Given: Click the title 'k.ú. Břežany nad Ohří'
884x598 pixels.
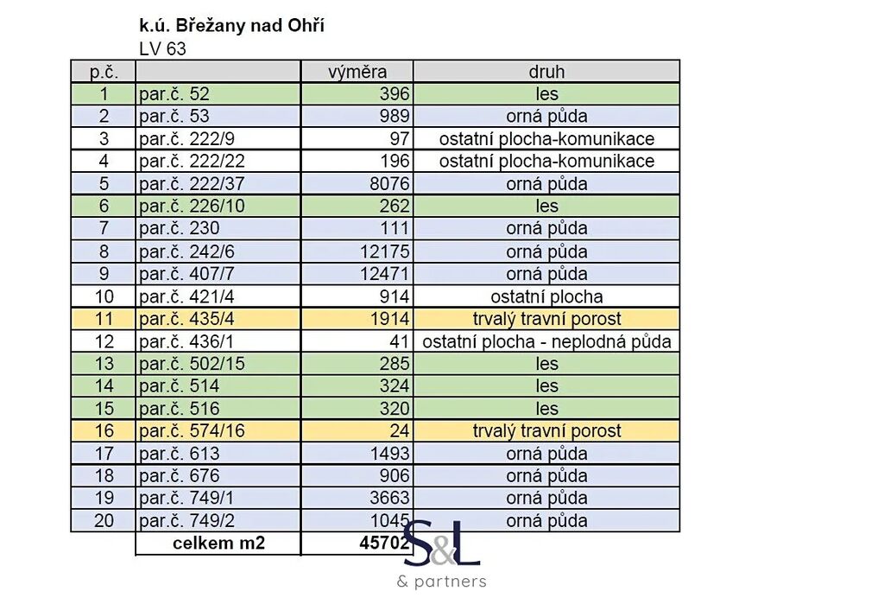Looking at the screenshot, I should [x=231, y=26].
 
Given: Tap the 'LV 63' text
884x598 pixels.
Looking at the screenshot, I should [x=162, y=49].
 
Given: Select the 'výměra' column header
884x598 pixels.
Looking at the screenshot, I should [x=357, y=72].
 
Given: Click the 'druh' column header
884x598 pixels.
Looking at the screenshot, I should [x=546, y=72].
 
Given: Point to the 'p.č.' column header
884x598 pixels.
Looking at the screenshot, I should [x=104, y=72].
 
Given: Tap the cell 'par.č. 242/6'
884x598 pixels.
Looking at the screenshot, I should [x=186, y=251].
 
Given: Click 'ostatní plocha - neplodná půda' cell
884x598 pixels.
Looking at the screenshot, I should [x=546, y=341].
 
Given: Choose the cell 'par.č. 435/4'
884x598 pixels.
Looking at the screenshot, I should [x=186, y=319].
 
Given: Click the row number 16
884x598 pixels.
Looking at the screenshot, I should [x=104, y=431].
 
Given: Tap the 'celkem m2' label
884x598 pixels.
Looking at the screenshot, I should [x=218, y=544].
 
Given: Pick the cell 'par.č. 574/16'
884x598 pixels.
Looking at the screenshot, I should [x=191, y=431].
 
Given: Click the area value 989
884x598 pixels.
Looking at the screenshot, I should [x=395, y=117].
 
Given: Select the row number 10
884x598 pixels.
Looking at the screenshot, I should [x=104, y=296].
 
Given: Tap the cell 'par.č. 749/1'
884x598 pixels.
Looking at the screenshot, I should [x=186, y=499].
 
